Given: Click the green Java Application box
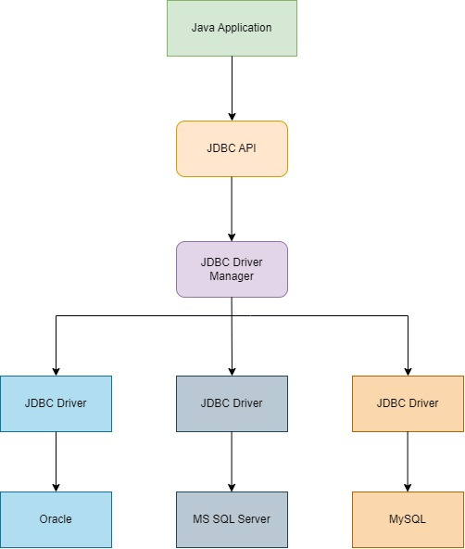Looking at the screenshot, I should [x=232, y=28].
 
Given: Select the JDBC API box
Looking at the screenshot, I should [x=232, y=148].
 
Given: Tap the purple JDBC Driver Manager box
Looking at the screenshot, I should [x=232, y=269].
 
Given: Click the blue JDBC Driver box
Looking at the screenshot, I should [x=56, y=403].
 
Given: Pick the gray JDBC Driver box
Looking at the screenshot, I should [x=232, y=403].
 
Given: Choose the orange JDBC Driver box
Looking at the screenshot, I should [x=408, y=403].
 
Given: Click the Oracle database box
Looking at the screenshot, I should [x=56, y=519].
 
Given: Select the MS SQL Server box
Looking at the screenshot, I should [x=232, y=519].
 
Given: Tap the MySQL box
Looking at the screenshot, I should [x=408, y=519].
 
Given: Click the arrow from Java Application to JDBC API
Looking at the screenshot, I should [x=232, y=88].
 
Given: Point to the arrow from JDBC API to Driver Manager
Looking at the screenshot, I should [x=232, y=209].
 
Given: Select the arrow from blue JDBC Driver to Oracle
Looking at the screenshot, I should [x=56, y=461].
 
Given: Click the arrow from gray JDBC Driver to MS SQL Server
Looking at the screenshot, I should [x=232, y=461].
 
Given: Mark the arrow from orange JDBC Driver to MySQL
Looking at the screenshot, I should [x=408, y=461].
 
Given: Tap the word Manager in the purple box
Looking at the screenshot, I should [x=232, y=276].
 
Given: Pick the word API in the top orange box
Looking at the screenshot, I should [x=245, y=148].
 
